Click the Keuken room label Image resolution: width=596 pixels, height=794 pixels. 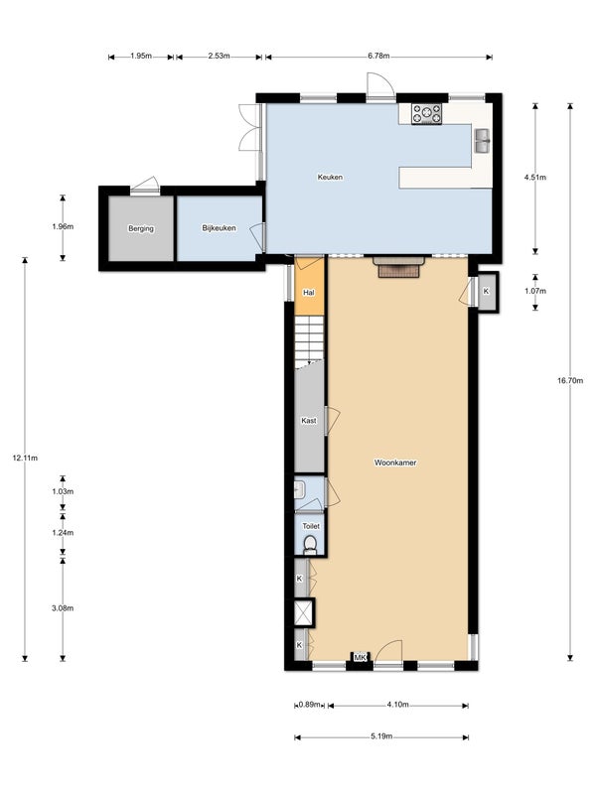click(x=330, y=178)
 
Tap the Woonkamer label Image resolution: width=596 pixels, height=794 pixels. click(x=394, y=463)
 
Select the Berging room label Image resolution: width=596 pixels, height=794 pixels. click(x=141, y=229)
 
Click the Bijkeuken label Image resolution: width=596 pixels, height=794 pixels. click(x=219, y=229)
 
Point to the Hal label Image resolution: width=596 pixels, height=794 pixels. click(x=309, y=294)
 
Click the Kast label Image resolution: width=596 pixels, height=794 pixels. click(x=309, y=421)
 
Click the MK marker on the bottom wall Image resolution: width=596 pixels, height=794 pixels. click(x=360, y=658)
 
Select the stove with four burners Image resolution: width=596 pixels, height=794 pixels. click(x=428, y=114)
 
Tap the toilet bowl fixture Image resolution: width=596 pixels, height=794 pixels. click(x=311, y=545)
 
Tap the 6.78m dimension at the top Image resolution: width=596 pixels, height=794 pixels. click(x=377, y=57)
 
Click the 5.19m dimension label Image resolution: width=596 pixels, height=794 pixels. click(x=381, y=737)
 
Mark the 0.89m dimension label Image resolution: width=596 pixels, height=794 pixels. click(x=309, y=706)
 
